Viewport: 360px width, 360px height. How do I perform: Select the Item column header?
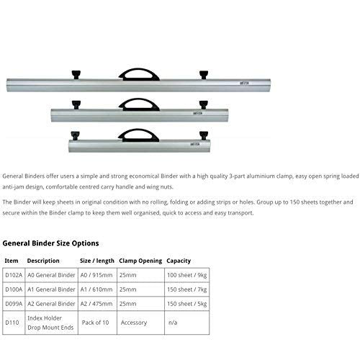coord(12,260)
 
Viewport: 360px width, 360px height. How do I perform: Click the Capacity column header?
coord(179,260)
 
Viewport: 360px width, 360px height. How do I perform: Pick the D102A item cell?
coord(13,275)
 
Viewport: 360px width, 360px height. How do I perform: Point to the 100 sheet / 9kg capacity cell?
coord(189,275)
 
